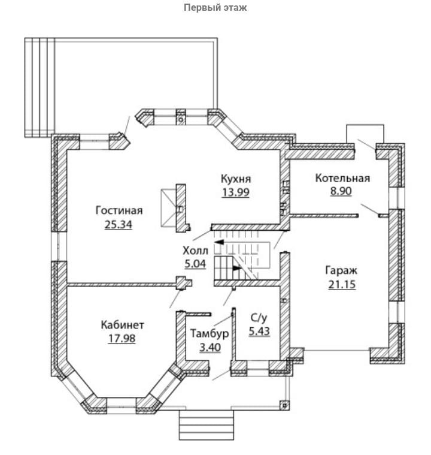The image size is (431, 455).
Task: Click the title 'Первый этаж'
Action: point(215,8)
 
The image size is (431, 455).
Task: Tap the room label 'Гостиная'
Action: point(119,210)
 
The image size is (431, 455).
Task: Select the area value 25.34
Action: point(118,225)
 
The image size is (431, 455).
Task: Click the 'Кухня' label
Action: point(235,178)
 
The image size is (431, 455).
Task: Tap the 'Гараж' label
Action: point(342,270)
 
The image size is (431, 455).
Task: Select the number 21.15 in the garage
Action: point(342,285)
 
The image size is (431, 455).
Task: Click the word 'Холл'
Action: point(196,249)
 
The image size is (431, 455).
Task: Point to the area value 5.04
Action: point(196,263)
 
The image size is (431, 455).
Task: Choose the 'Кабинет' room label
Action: point(122,325)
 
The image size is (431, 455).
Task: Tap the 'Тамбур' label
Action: point(205,333)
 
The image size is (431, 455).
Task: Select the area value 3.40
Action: point(205,347)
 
